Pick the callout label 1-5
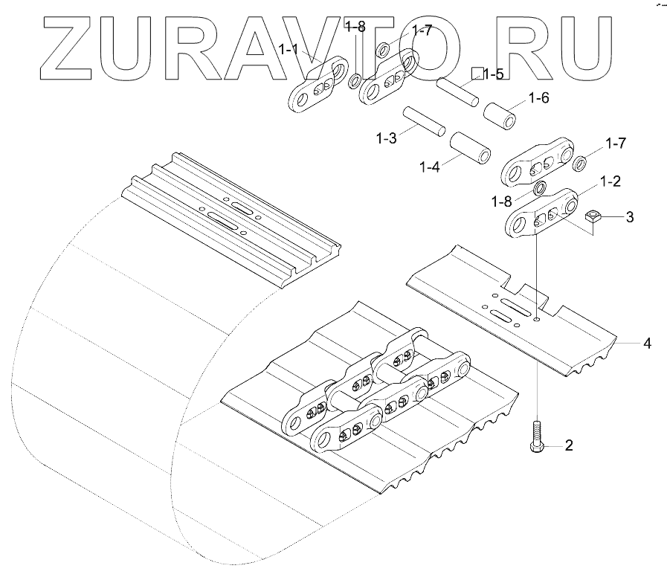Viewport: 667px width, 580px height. (493, 74)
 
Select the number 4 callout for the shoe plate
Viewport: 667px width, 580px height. (647, 344)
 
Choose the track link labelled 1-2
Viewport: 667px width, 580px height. (541, 213)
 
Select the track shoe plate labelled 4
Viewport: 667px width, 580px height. (513, 312)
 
